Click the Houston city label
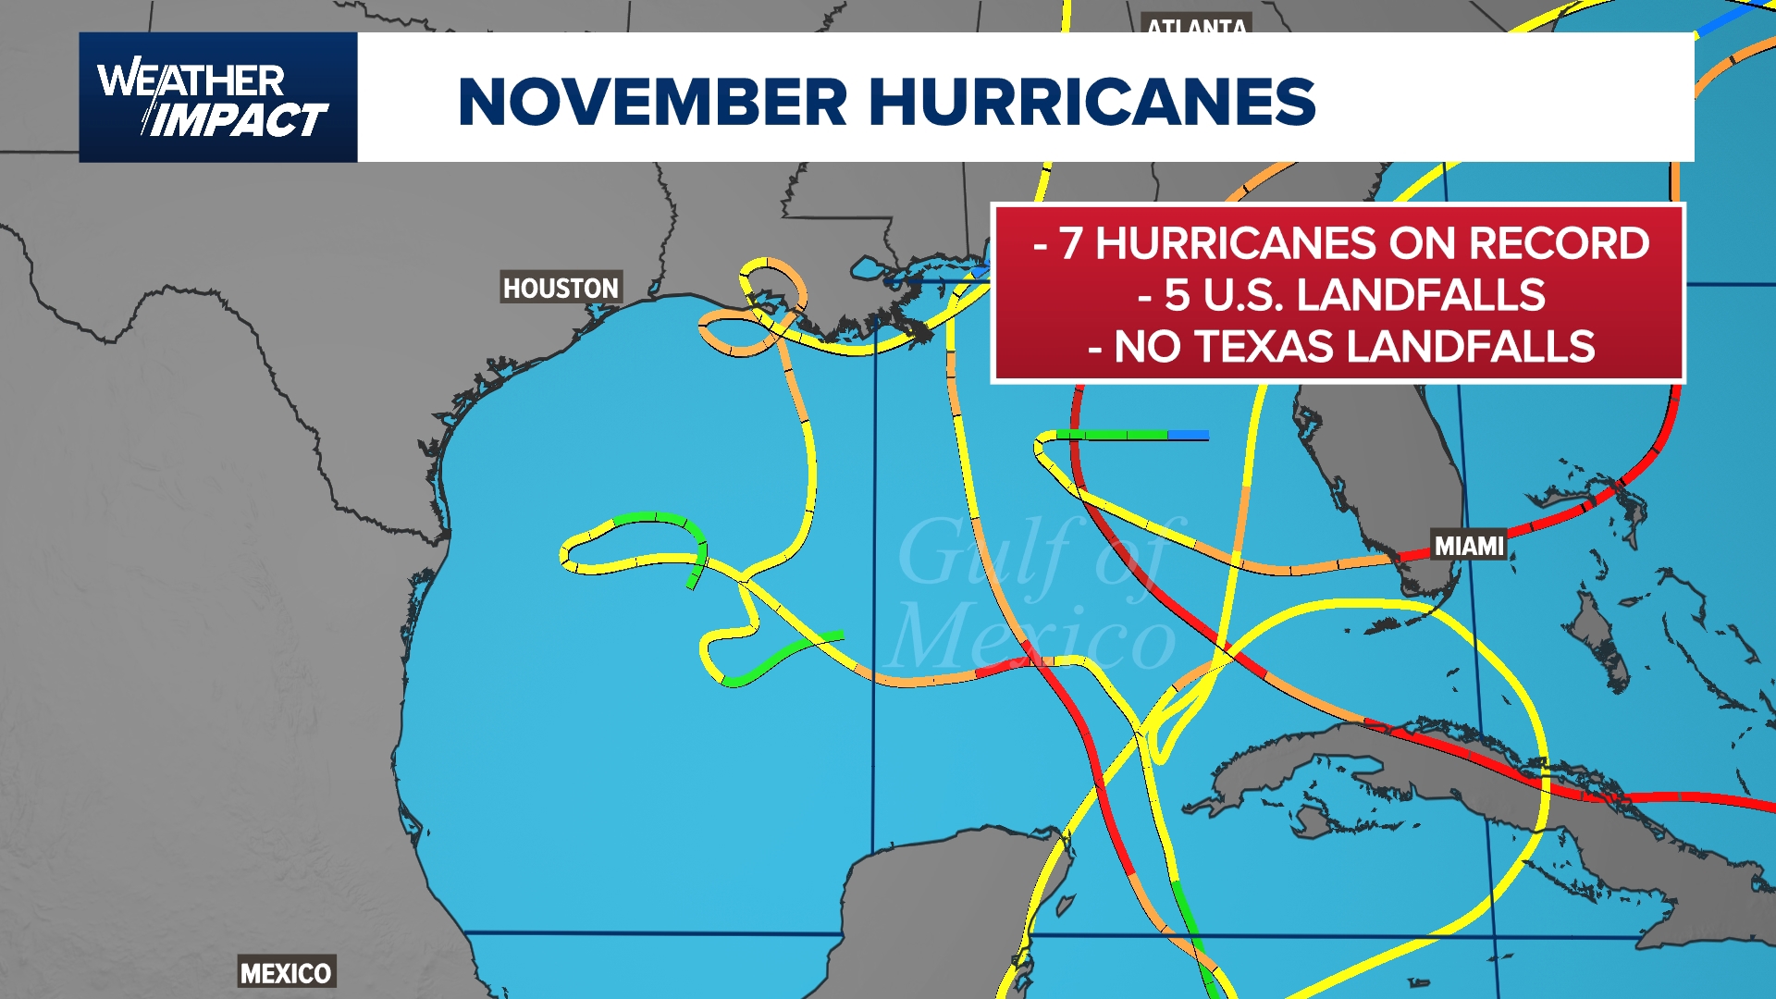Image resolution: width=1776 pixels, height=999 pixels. click(561, 289)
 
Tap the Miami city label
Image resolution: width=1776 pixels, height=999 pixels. click(1469, 546)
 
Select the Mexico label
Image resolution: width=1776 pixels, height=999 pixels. click(286, 973)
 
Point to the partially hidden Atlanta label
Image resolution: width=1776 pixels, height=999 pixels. click(1197, 26)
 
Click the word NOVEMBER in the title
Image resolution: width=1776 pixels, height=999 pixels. click(652, 102)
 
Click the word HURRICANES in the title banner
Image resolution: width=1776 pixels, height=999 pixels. click(1091, 102)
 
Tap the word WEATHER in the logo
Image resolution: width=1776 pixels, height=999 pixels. click(191, 80)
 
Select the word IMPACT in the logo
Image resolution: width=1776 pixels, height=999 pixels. click(239, 120)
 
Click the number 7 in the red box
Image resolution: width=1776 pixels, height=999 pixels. click(1070, 243)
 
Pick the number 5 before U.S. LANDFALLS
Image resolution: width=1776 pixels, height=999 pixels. click(1176, 295)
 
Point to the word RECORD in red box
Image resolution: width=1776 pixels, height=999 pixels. click(1559, 243)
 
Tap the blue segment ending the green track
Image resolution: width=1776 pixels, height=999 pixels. click(1188, 435)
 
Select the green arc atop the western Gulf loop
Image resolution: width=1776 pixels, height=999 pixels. click(652, 518)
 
